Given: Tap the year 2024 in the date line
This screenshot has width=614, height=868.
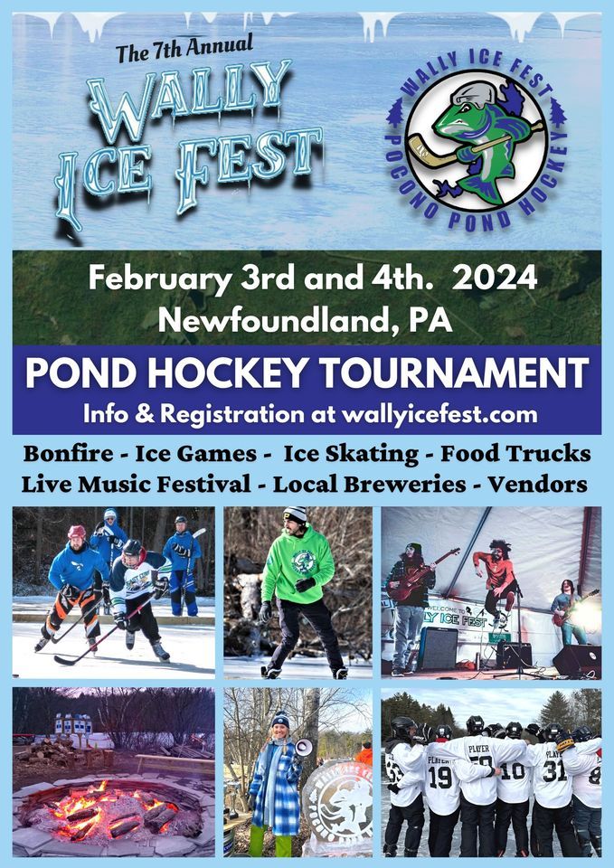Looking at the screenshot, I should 496,277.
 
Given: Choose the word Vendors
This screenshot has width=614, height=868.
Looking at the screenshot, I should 537,484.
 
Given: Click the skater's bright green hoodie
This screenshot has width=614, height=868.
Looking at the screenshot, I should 299,566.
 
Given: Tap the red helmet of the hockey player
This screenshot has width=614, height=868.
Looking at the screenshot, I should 76,532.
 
